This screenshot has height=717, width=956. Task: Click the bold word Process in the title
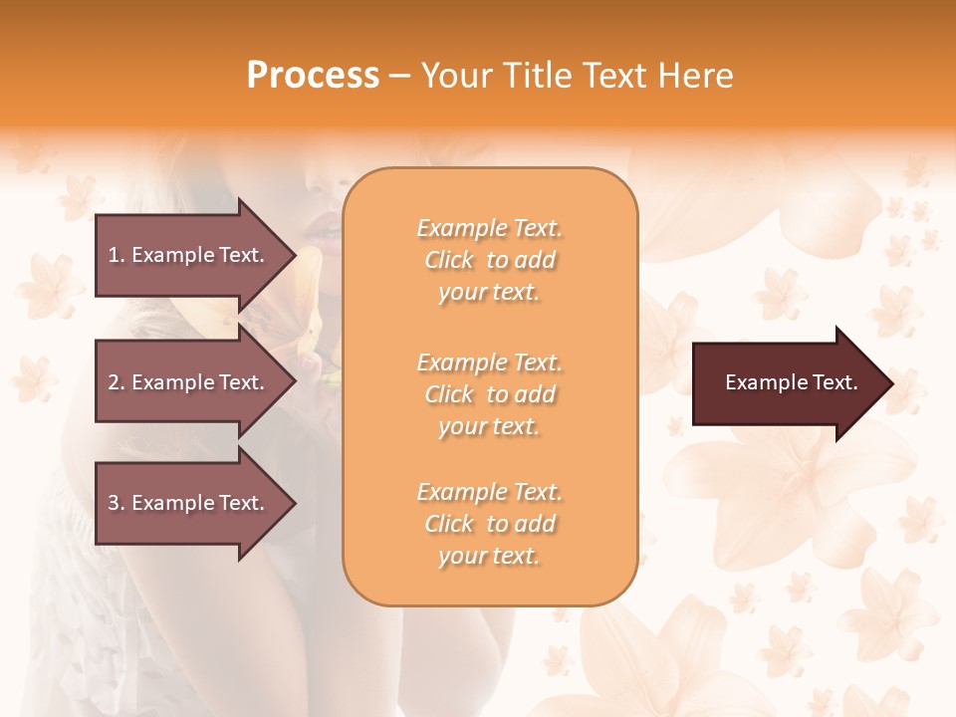pos(313,76)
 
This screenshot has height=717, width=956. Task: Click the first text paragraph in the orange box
pos(489,260)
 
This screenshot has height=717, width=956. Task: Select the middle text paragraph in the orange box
pos(489,394)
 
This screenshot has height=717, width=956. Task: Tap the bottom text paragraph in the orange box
pos(489,524)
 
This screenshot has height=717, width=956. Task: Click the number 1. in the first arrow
pos(116,255)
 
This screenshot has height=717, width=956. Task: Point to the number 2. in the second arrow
pos(116,382)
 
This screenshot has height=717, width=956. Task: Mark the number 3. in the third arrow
pos(116,503)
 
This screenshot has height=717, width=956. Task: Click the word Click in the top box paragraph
pos(449,260)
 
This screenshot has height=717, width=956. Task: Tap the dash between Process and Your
pos(400,76)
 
